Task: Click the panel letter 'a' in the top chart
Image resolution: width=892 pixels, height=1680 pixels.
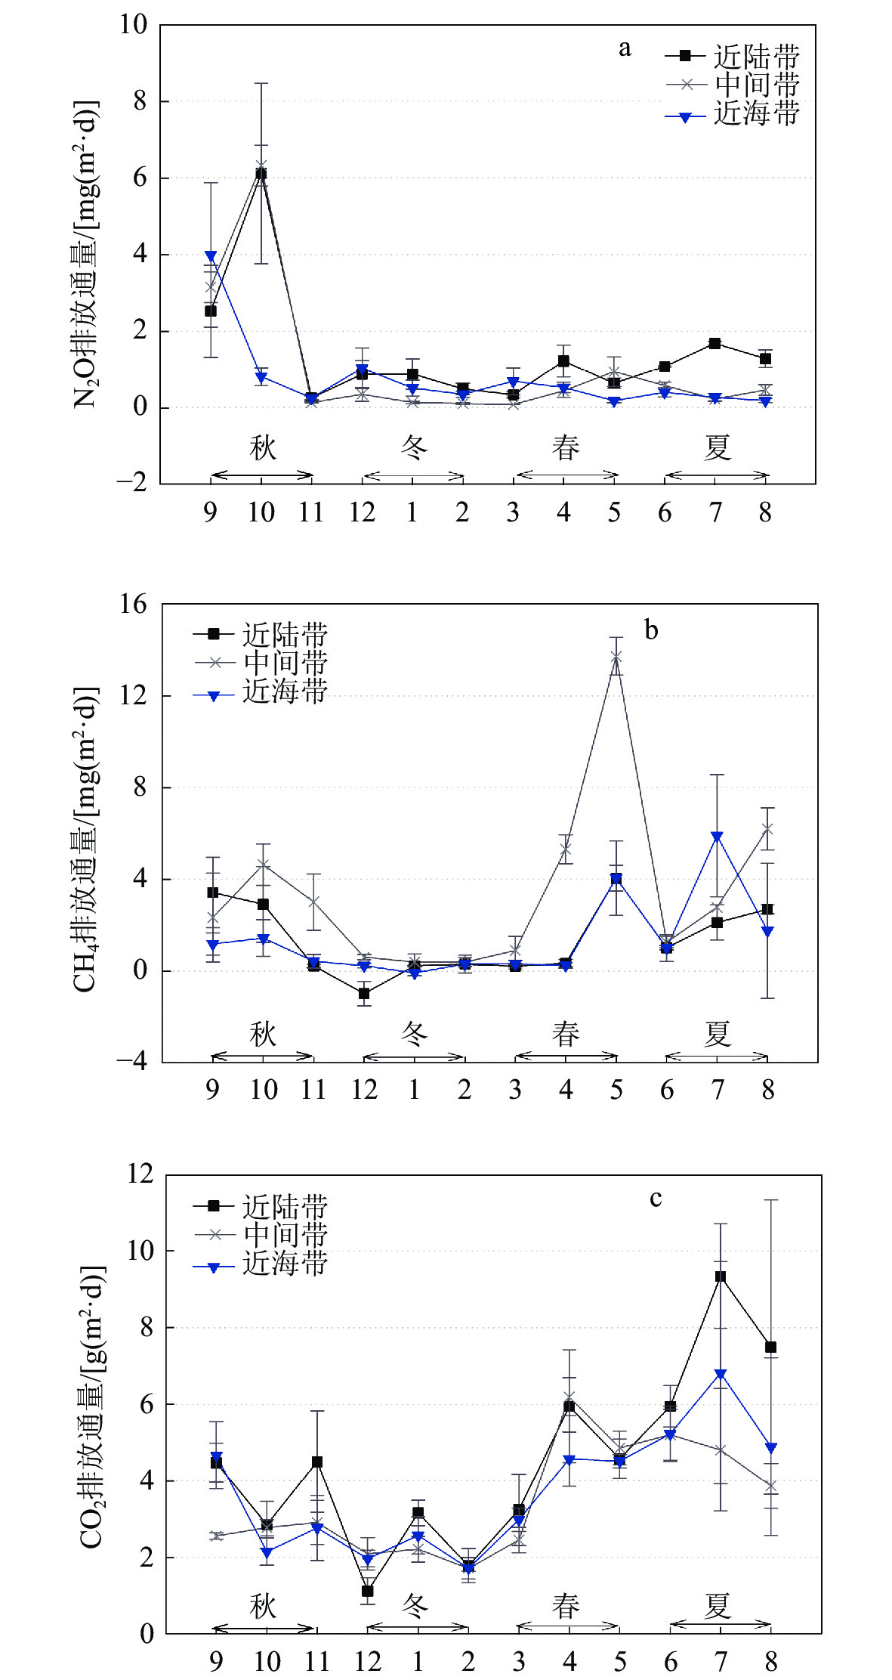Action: pyautogui.click(x=625, y=49)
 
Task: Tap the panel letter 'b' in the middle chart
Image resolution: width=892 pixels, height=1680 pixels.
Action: pyautogui.click(x=651, y=630)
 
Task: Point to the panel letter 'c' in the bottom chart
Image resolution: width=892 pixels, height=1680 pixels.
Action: pyautogui.click(x=656, y=1199)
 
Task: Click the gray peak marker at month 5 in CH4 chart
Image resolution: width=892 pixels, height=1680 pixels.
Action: pyautogui.click(x=616, y=656)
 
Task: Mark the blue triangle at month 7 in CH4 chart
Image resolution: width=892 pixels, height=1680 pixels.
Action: pyautogui.click(x=717, y=837)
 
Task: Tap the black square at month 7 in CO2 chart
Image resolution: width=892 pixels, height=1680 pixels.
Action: pyautogui.click(x=721, y=1277)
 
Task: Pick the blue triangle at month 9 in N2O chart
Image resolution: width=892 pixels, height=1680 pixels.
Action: pyautogui.click(x=211, y=256)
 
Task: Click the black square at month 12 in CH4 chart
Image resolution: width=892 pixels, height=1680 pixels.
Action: pyautogui.click(x=364, y=994)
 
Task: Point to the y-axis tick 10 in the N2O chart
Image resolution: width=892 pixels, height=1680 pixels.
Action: pyautogui.click(x=134, y=25)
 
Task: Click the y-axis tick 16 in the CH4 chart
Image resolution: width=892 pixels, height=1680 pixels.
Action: pyautogui.click(x=134, y=605)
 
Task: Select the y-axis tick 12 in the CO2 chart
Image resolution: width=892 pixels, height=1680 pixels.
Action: pyautogui.click(x=140, y=1174)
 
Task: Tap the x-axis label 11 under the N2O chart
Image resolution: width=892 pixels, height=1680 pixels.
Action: pyautogui.click(x=311, y=513)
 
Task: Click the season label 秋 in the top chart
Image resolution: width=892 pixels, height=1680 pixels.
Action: pyautogui.click(x=263, y=447)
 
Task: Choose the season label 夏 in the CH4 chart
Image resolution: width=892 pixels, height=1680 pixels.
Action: pyautogui.click(x=717, y=1034)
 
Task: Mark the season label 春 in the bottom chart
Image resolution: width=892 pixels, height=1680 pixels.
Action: pyautogui.click(x=566, y=1605)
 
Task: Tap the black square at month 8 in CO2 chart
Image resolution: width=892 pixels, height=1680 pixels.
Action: pyautogui.click(x=770, y=1347)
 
